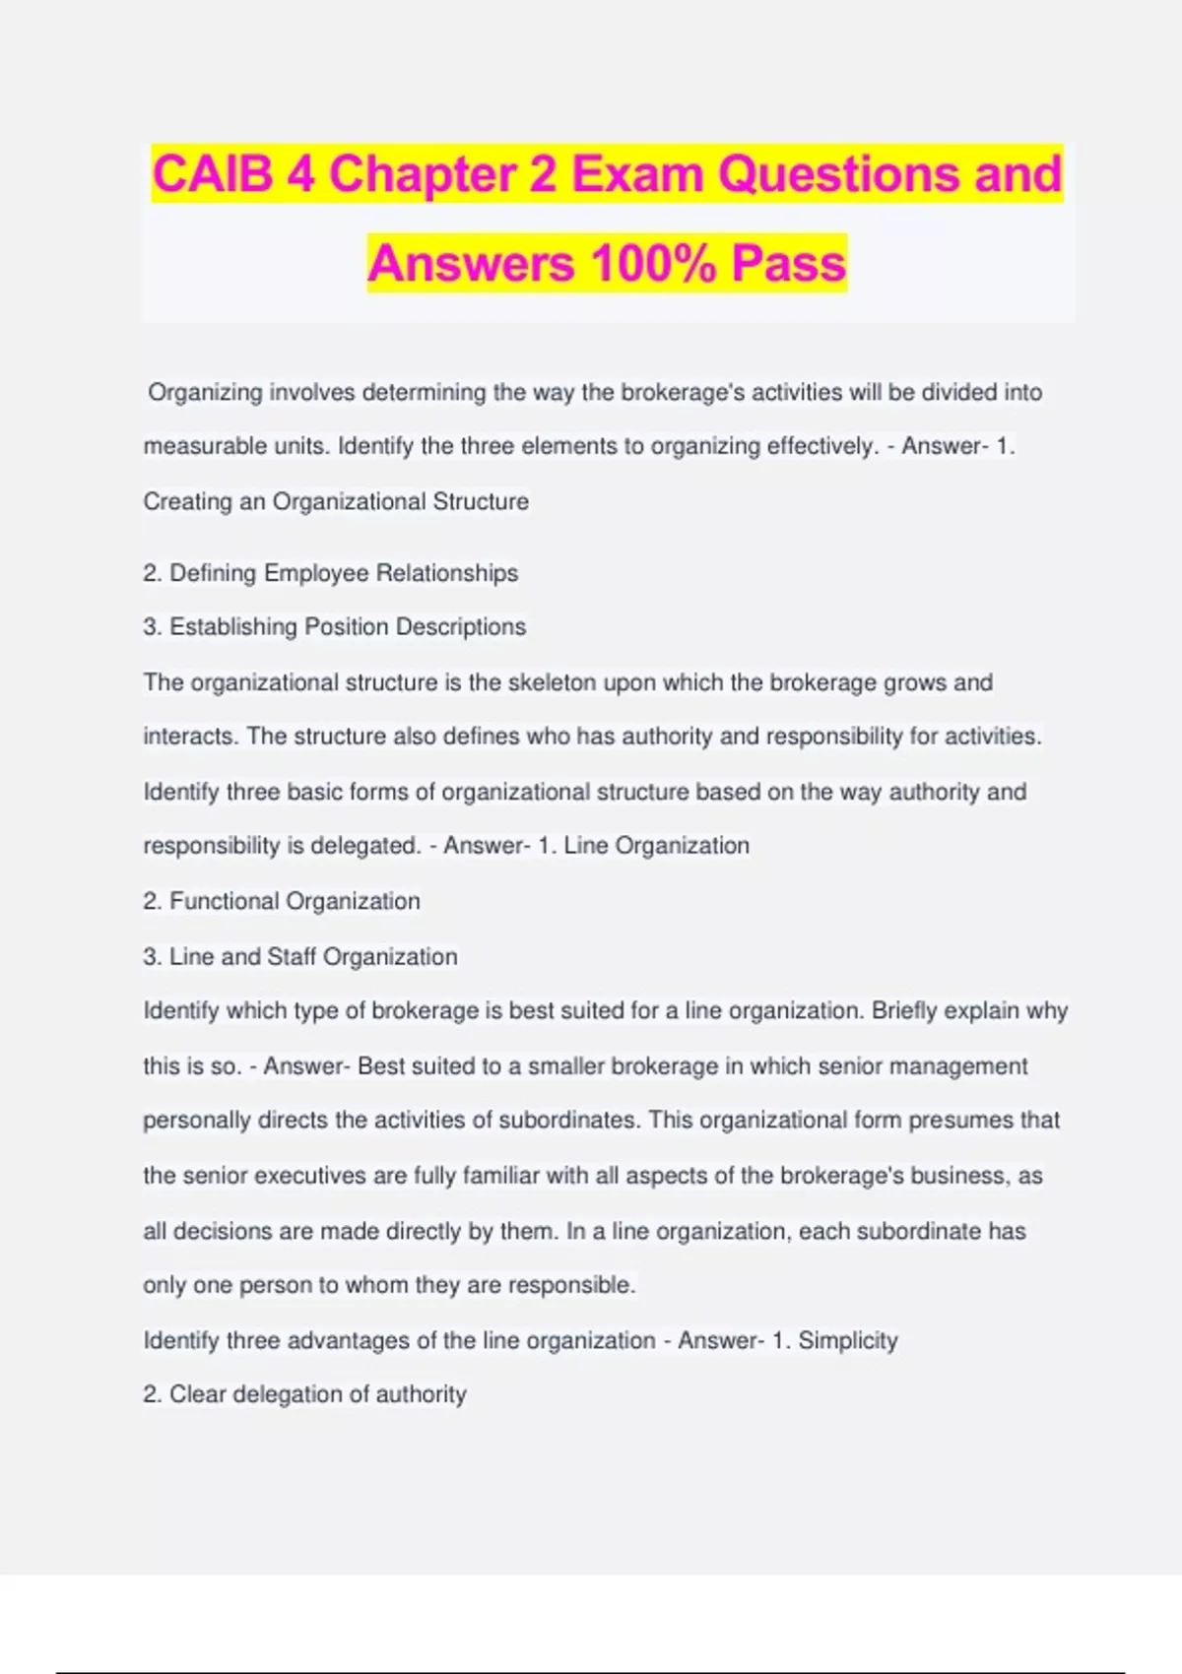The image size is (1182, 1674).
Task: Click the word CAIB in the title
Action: pos(212,174)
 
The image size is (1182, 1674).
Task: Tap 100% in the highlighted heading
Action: pos(653,263)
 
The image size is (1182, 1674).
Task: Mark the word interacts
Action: pos(189,737)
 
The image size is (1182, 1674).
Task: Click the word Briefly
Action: pos(904,1010)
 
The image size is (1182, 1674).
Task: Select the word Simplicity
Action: pos(847,1340)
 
